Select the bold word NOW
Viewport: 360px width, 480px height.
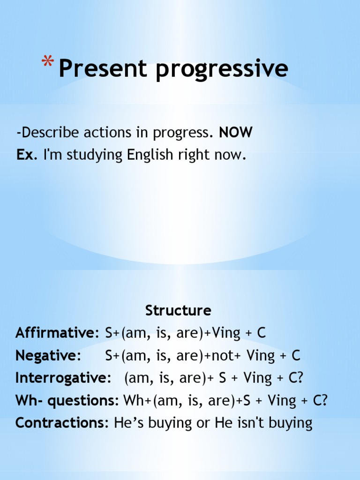236,133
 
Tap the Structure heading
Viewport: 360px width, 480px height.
178,310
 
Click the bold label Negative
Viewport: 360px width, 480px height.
46,355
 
